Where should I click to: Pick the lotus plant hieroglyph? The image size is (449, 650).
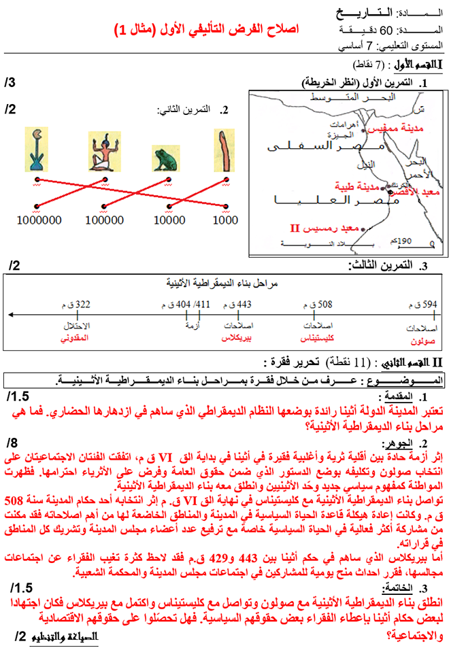35,149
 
